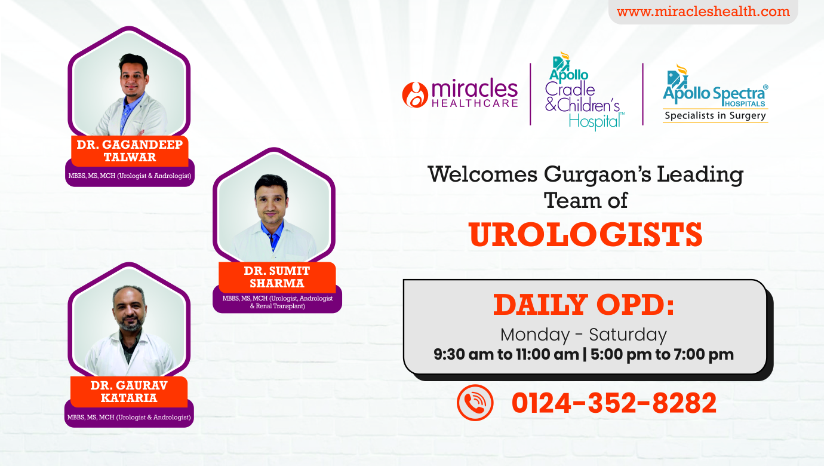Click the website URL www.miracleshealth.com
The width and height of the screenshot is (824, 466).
(x=703, y=11)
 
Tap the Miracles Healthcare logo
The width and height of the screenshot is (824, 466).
(x=460, y=94)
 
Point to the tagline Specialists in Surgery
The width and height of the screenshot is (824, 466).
(x=715, y=115)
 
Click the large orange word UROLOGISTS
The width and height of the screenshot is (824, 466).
(x=585, y=234)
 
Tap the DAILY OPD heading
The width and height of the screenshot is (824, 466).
(x=583, y=305)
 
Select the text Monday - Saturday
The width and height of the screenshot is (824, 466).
(x=583, y=335)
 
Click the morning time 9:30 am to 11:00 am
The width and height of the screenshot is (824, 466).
(x=506, y=354)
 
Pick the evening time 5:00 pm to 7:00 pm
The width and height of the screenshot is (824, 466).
(x=662, y=354)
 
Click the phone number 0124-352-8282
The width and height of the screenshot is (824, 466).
(x=614, y=403)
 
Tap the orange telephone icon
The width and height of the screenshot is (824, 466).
(x=475, y=403)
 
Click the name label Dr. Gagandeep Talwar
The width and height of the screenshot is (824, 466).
(x=130, y=151)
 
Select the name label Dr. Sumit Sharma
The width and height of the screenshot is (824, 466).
(x=277, y=277)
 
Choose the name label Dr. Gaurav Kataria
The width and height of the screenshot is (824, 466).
(x=129, y=391)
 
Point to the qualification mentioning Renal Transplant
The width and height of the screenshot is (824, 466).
(x=278, y=302)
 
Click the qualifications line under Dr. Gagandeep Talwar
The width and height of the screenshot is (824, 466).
(x=130, y=176)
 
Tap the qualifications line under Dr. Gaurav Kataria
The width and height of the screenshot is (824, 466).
(x=129, y=418)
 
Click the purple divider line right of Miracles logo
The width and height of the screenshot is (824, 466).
(x=530, y=94)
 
